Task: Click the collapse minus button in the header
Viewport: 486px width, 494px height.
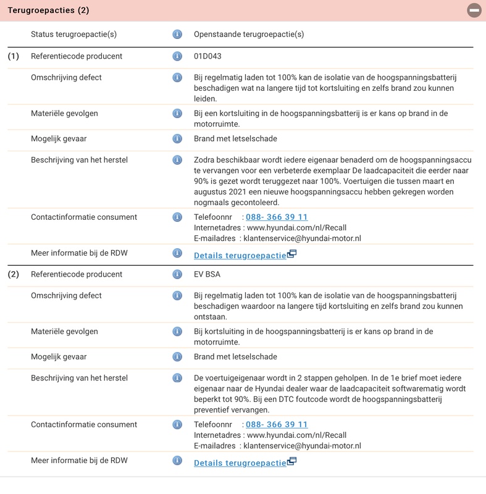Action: tap(474, 10)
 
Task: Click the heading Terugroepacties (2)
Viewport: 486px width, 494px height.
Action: tap(48, 10)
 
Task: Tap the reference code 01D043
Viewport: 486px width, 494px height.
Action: tap(207, 56)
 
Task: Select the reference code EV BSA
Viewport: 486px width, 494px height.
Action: tap(207, 274)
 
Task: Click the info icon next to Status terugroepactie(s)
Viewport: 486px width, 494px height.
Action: tap(177, 35)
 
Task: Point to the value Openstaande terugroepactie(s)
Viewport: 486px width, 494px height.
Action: tap(249, 35)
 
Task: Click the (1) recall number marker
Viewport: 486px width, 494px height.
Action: tap(14, 56)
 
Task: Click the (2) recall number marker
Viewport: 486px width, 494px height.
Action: tap(14, 274)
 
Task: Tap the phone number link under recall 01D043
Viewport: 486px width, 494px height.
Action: tap(277, 217)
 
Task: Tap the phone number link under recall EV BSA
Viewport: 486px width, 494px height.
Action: tap(277, 424)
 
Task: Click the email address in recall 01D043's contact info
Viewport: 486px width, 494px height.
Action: tap(302, 238)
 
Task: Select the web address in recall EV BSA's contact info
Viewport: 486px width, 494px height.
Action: tap(296, 435)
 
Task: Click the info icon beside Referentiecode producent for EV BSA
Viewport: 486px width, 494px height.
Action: tap(177, 274)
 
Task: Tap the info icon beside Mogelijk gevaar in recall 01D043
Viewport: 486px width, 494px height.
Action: tap(177, 138)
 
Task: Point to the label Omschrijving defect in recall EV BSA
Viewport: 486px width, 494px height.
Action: tap(66, 295)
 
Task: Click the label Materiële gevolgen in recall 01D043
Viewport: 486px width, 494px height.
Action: tap(64, 114)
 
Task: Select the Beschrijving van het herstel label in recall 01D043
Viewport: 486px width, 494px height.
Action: tap(79, 160)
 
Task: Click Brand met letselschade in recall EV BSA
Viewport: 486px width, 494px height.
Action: tap(235, 356)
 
